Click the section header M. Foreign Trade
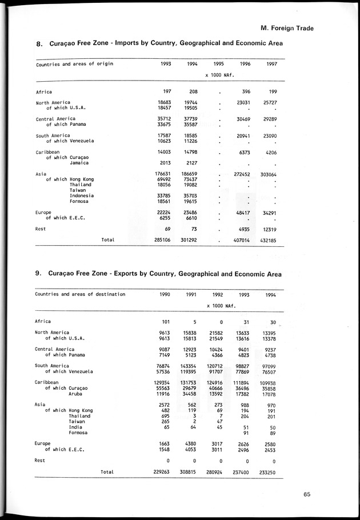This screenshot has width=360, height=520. [x=286, y=27]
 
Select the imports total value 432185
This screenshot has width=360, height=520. [x=268, y=241]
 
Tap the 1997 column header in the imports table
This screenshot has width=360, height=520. [x=271, y=64]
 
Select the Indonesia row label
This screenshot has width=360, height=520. [x=82, y=195]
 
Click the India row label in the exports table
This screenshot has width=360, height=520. [x=75, y=427]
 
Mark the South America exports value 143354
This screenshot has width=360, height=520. [x=196, y=366]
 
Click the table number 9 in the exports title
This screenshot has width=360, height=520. [x=38, y=274]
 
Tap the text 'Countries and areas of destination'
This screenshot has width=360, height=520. [x=80, y=294]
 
